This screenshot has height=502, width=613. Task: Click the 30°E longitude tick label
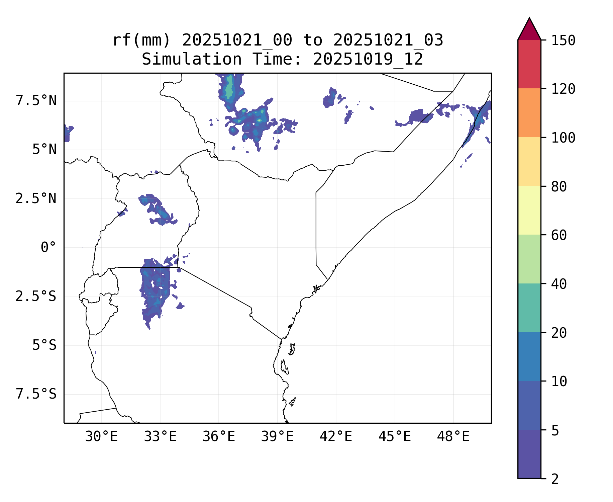pos(101,437)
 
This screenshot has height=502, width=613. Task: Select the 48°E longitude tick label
pos(453,437)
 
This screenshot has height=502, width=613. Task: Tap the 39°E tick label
pos(277,437)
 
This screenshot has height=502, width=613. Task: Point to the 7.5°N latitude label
pos(36,101)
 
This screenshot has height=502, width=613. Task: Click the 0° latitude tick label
pos(48,248)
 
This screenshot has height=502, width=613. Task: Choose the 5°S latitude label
pos(44,345)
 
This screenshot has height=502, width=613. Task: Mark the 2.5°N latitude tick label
pos(36,199)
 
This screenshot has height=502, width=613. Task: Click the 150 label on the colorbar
pos(563,40)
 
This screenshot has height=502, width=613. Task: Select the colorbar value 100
pos(563,138)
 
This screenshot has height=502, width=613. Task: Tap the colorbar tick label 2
pos(555,479)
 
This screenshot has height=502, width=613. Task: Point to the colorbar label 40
pos(559,284)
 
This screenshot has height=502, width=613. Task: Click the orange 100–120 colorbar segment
pos(529,113)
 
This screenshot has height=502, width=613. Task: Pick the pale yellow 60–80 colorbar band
pos(529,210)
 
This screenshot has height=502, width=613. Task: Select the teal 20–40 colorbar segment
pos(529,308)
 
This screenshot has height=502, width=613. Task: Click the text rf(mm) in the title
pos(141,40)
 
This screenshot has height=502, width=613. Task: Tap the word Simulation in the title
pos(192,60)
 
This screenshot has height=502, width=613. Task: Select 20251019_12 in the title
pos(368,60)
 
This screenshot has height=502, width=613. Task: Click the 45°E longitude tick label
pos(395,437)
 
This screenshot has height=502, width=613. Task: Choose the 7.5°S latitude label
pos(36,394)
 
